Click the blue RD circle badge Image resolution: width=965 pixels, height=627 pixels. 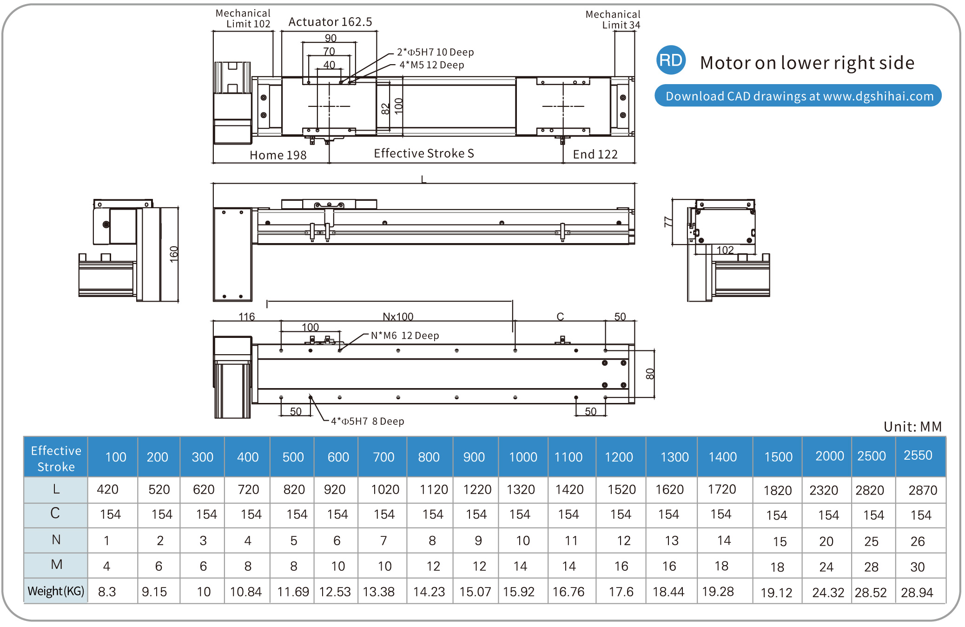coord(671,60)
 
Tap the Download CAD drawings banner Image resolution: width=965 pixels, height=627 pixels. coord(798,96)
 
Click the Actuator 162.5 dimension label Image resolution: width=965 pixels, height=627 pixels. coord(330,22)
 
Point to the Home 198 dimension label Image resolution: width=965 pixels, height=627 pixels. coord(278,155)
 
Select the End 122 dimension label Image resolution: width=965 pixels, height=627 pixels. coord(595,154)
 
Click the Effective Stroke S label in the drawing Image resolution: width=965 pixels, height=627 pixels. coord(423,153)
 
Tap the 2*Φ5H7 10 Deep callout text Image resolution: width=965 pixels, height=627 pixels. coord(435,52)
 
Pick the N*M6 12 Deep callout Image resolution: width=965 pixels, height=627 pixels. coord(404,336)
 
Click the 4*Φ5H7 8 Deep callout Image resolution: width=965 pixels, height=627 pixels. coord(367,421)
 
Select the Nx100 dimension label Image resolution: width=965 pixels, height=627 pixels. coord(398,317)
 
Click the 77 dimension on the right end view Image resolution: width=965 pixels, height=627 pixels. coord(668,222)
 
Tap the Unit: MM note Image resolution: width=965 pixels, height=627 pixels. coord(912,427)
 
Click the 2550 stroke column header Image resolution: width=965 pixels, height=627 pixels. coord(918,455)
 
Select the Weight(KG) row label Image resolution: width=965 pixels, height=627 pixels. coord(56,591)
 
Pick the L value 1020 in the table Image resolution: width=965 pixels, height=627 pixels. coord(385,489)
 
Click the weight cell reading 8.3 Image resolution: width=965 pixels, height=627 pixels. coord(107,592)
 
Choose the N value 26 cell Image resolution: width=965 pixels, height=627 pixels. coord(918,541)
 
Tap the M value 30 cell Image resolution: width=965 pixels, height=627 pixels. coord(917,567)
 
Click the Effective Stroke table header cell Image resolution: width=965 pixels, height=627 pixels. coord(56,458)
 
